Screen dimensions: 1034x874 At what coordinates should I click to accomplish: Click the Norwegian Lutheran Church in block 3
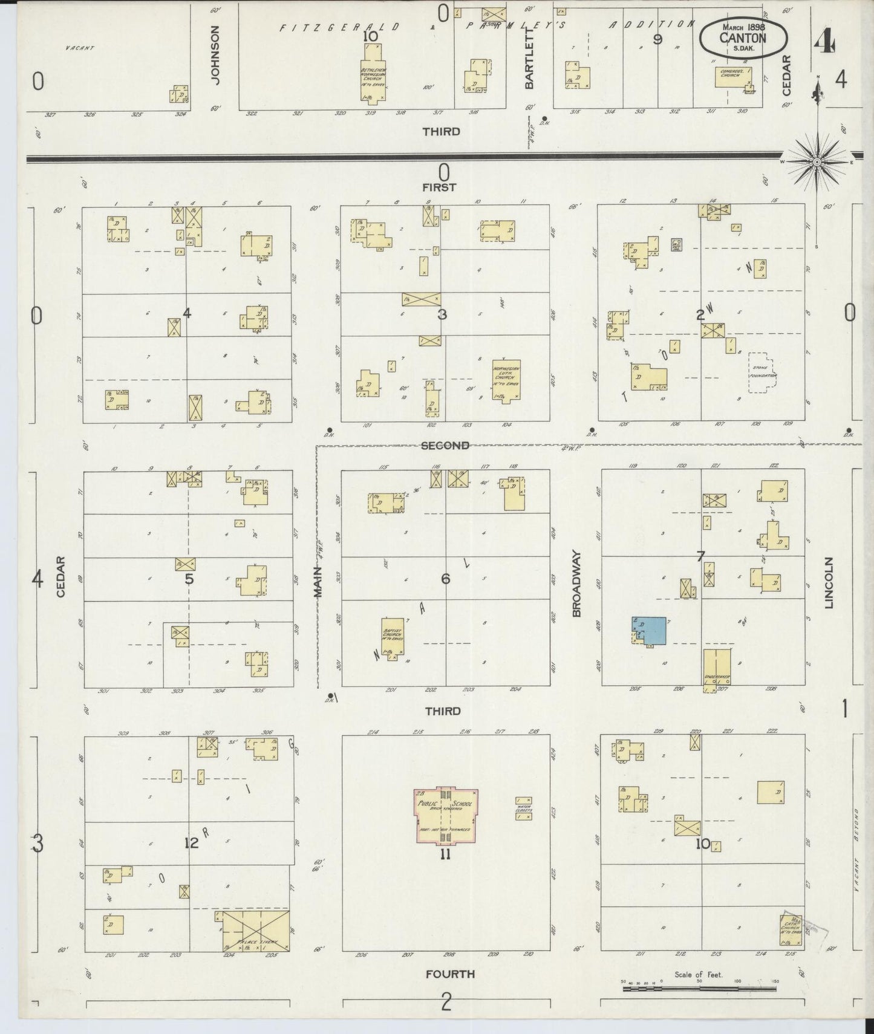coord(506,380)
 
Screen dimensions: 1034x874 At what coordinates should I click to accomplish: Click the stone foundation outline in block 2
coord(762,373)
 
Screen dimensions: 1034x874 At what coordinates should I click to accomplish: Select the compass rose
coord(817,162)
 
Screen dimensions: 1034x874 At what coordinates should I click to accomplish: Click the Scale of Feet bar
coord(699,989)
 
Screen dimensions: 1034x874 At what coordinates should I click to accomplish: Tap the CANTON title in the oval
coord(743,38)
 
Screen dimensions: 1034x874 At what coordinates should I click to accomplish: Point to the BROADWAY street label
coord(576,583)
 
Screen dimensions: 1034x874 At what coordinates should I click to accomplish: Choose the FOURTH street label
coord(449,974)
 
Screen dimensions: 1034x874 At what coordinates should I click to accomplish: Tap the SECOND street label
coord(445,446)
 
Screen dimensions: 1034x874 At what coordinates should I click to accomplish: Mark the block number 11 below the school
coord(445,854)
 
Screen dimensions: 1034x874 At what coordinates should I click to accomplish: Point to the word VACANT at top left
coord(79,47)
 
